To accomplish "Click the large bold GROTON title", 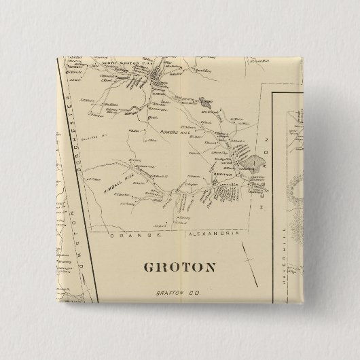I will [x=180, y=266].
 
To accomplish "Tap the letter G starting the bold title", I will [x=148, y=266].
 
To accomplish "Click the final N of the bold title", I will [x=211, y=266].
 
